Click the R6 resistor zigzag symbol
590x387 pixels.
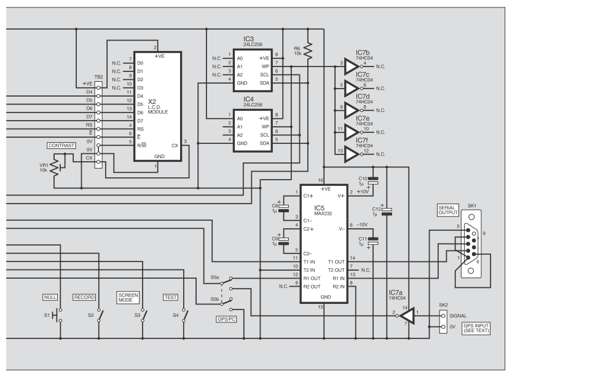[x=308, y=50]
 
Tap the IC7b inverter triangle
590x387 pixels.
[x=352, y=66]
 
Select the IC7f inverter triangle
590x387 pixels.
[x=352, y=154]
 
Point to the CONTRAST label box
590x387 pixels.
[x=61, y=145]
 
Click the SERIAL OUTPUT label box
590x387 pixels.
[x=448, y=210]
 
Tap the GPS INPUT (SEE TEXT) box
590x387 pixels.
[x=476, y=328]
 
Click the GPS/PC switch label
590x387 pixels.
[x=227, y=319]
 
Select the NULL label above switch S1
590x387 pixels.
[x=50, y=297]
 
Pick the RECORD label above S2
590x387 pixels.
[x=84, y=297]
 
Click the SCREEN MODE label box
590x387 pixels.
[x=128, y=297]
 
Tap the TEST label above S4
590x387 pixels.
[x=170, y=297]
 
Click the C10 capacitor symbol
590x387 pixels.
[x=373, y=180]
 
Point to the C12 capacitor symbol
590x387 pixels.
[x=387, y=212]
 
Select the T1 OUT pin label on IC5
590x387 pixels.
[x=336, y=262]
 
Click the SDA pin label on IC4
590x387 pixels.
[x=264, y=143]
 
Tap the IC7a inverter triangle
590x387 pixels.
[x=407, y=316]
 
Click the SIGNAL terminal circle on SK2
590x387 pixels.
[x=443, y=316]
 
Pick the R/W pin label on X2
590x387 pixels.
[x=141, y=145]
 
